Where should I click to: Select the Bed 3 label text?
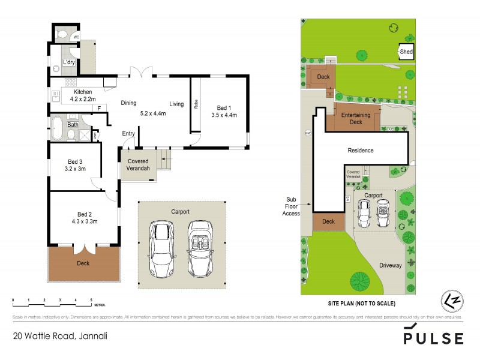74,161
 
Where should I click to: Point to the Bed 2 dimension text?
83,221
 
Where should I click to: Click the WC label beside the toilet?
76,37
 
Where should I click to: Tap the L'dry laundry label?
69,63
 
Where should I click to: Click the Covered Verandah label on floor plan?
137,166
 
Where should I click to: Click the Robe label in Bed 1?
196,103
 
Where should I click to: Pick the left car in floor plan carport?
161,247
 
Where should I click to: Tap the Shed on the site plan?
406,52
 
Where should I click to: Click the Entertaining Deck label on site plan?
352,118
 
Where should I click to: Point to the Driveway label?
390,266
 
